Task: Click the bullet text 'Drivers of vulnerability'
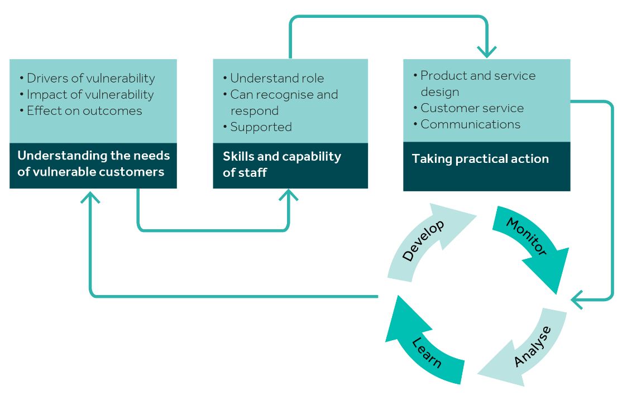click(x=90, y=78)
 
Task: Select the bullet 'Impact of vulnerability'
click(x=90, y=94)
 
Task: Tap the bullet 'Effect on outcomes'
click(x=84, y=110)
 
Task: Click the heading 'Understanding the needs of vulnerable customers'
click(x=93, y=163)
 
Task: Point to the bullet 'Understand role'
click(x=277, y=78)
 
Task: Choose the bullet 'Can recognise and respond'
click(x=284, y=102)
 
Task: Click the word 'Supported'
click(x=261, y=127)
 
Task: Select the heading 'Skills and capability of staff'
click(x=282, y=164)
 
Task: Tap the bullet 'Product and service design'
click(x=477, y=83)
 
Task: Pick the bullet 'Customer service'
click(x=472, y=108)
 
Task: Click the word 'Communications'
click(x=470, y=124)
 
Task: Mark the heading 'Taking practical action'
click(x=480, y=158)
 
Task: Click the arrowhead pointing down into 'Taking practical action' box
click(x=487, y=52)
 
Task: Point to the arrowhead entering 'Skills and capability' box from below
click(x=289, y=195)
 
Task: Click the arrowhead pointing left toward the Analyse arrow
click(x=577, y=300)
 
